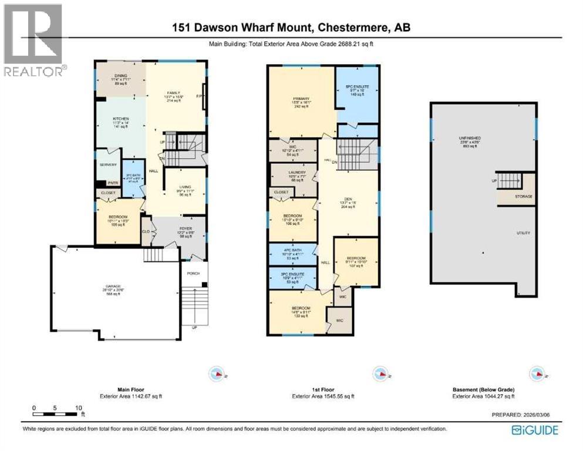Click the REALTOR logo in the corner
point(33,39)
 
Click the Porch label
point(193,273)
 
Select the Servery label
point(108,165)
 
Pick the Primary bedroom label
point(301,98)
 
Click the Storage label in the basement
point(524,196)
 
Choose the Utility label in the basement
point(523,233)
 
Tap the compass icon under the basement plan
point(537,373)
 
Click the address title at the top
point(291,27)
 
